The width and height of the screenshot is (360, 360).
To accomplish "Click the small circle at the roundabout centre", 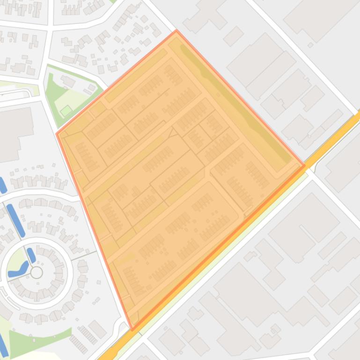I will pyautogui.click(x=37, y=272).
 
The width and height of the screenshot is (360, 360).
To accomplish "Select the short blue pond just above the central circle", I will pyautogui.click(x=31, y=255).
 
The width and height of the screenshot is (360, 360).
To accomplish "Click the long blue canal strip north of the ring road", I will pyautogui.click(x=15, y=220).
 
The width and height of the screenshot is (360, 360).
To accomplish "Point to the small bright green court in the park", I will pyautogui.click(x=66, y=111).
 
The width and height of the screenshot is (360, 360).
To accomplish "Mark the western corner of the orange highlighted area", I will pyautogui.click(x=57, y=134).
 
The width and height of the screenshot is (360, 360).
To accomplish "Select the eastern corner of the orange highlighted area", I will pyautogui.click(x=305, y=165).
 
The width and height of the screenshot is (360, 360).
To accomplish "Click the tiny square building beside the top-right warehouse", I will pyautogui.click(x=310, y=45).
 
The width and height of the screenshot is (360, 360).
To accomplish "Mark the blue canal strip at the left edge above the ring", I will pyautogui.click(x=2, y=185).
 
